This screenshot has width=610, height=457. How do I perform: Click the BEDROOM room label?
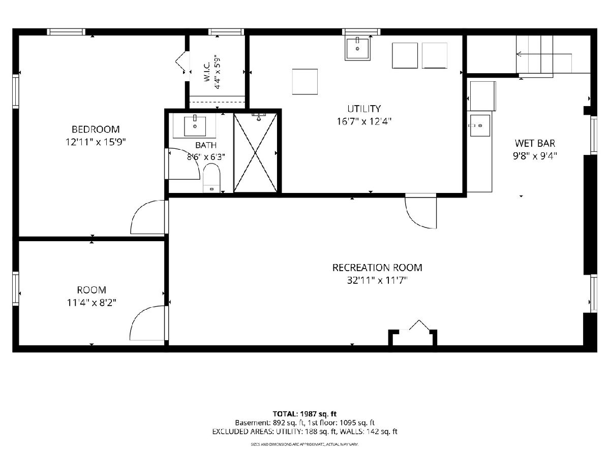(x=96, y=129)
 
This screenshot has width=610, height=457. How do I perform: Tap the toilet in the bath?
(x=211, y=178)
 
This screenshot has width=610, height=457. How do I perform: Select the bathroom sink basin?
(x=195, y=126)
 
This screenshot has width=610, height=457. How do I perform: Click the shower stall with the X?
(x=255, y=153)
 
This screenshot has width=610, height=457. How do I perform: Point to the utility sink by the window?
(x=357, y=49)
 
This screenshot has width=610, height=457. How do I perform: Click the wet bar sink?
(x=480, y=125)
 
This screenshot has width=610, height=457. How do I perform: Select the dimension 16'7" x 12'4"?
(x=364, y=121)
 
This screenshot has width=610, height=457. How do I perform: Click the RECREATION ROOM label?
(x=377, y=268)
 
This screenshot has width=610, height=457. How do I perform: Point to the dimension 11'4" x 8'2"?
(x=91, y=303)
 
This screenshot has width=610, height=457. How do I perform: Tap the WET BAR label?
(x=535, y=143)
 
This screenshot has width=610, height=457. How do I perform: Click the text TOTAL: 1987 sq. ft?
(x=304, y=414)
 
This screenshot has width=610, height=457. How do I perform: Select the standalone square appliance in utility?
(x=305, y=82)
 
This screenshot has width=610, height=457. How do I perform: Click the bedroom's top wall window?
(x=66, y=32)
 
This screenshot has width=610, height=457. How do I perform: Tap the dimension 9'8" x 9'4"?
(x=535, y=156)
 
